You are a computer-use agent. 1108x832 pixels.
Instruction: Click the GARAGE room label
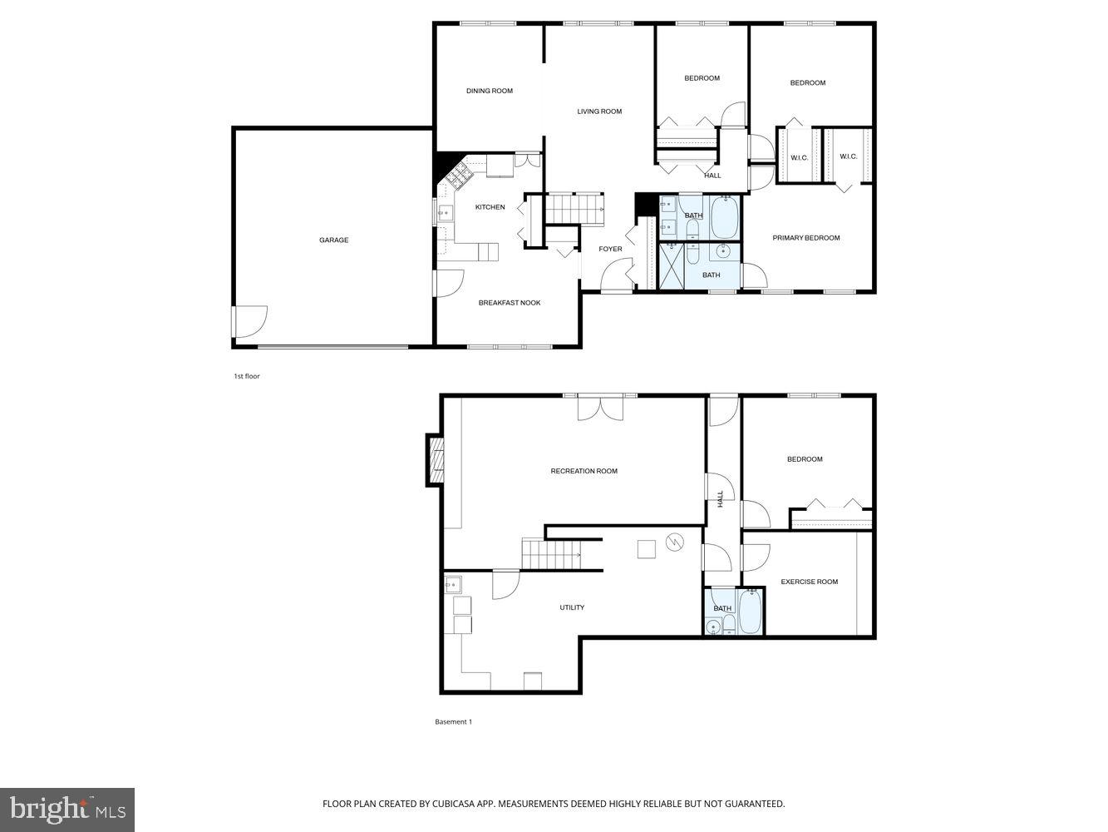(333, 240)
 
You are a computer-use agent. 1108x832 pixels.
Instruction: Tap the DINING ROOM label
(489, 92)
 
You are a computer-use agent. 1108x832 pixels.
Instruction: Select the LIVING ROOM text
(599, 111)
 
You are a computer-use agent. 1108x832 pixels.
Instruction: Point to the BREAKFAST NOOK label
(509, 303)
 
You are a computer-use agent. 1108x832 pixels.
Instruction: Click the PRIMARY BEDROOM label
(805, 238)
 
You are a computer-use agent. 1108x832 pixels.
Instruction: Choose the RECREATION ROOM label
(584, 472)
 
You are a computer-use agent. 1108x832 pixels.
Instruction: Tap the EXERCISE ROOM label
(809, 582)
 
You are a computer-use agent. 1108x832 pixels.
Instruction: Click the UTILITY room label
(571, 608)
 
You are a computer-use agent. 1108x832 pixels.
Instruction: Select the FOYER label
(610, 250)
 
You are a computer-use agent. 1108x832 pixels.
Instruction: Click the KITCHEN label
(490, 207)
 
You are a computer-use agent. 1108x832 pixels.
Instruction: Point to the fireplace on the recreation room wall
(436, 459)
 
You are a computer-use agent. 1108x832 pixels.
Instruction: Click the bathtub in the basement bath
(750, 613)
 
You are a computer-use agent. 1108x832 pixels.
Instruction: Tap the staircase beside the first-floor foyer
(574, 207)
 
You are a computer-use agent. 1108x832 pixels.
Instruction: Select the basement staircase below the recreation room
(549, 554)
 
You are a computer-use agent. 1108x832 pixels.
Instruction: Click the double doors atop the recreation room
(600, 407)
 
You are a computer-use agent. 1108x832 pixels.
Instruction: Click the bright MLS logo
(66, 809)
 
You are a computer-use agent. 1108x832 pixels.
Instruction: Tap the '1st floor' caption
(246, 377)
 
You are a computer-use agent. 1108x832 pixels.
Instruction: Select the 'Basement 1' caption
(453, 722)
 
